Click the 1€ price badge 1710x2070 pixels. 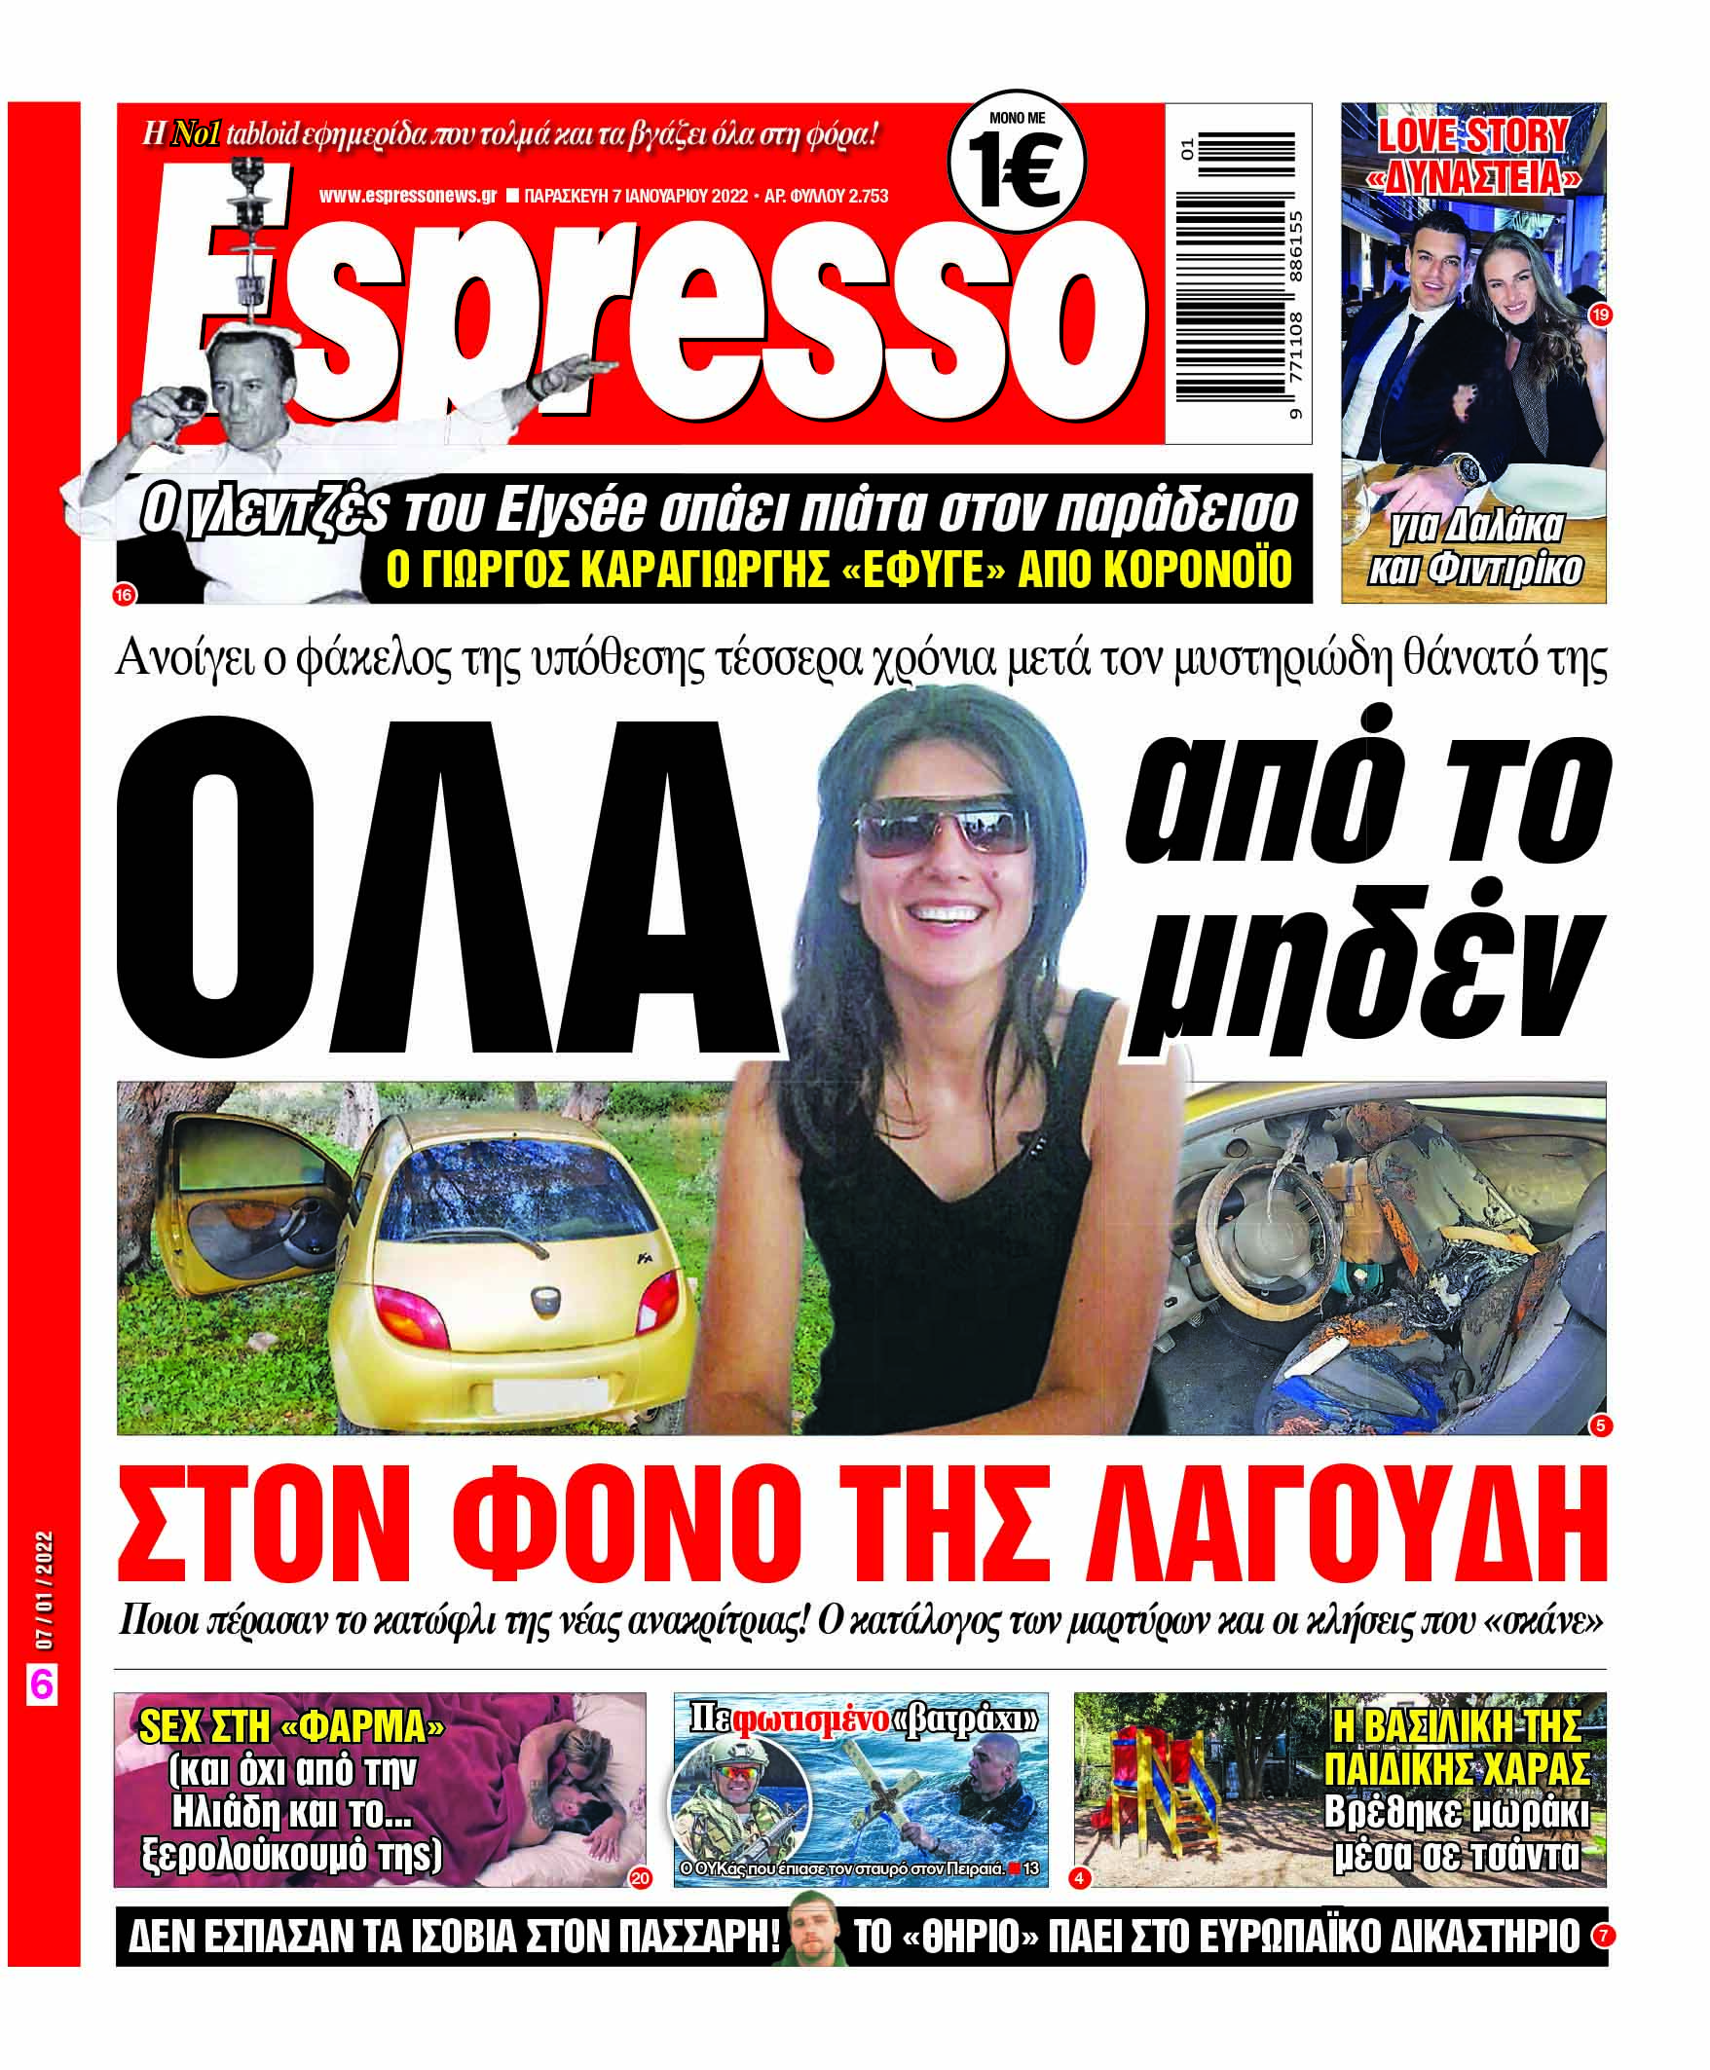1016,162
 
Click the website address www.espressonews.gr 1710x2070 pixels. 407,196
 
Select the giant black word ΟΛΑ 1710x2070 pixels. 443,886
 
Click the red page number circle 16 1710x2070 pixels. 124,595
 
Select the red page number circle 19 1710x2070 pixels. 1600,314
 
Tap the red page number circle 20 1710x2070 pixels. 640,1878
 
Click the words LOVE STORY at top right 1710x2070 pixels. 1472,135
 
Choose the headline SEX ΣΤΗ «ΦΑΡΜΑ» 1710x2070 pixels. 291,1726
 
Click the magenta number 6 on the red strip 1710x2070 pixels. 41,1685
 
